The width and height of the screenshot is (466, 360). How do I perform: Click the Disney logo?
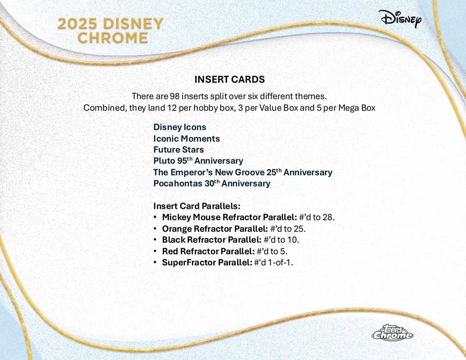[x=400, y=19]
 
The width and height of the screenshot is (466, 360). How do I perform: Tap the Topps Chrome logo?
[x=392, y=332]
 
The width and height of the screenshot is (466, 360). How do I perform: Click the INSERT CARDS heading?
[x=229, y=79]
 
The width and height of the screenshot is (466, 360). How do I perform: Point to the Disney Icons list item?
[x=179, y=127]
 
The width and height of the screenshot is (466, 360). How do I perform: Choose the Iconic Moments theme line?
[x=186, y=138]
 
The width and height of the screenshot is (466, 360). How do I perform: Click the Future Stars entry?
[x=178, y=149]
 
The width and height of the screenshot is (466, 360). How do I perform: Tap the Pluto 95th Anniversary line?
[x=198, y=161]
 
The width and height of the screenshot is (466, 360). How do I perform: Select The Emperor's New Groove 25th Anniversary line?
[x=242, y=172]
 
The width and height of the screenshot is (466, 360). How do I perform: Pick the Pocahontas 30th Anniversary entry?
[x=212, y=183]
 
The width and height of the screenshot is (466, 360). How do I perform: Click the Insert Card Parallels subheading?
[x=197, y=206]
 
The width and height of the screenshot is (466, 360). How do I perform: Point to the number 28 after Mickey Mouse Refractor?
[x=327, y=217]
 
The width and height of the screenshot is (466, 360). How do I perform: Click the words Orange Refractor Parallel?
[x=215, y=228]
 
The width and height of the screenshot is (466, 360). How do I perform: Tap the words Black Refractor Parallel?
[x=212, y=240]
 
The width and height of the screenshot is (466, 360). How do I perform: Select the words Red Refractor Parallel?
[x=208, y=251]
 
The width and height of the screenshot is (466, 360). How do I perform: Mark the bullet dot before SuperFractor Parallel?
[x=155, y=263]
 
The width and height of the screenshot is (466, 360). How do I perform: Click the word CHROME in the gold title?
[x=112, y=38]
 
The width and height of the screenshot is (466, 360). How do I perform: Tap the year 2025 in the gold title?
[x=77, y=23]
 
